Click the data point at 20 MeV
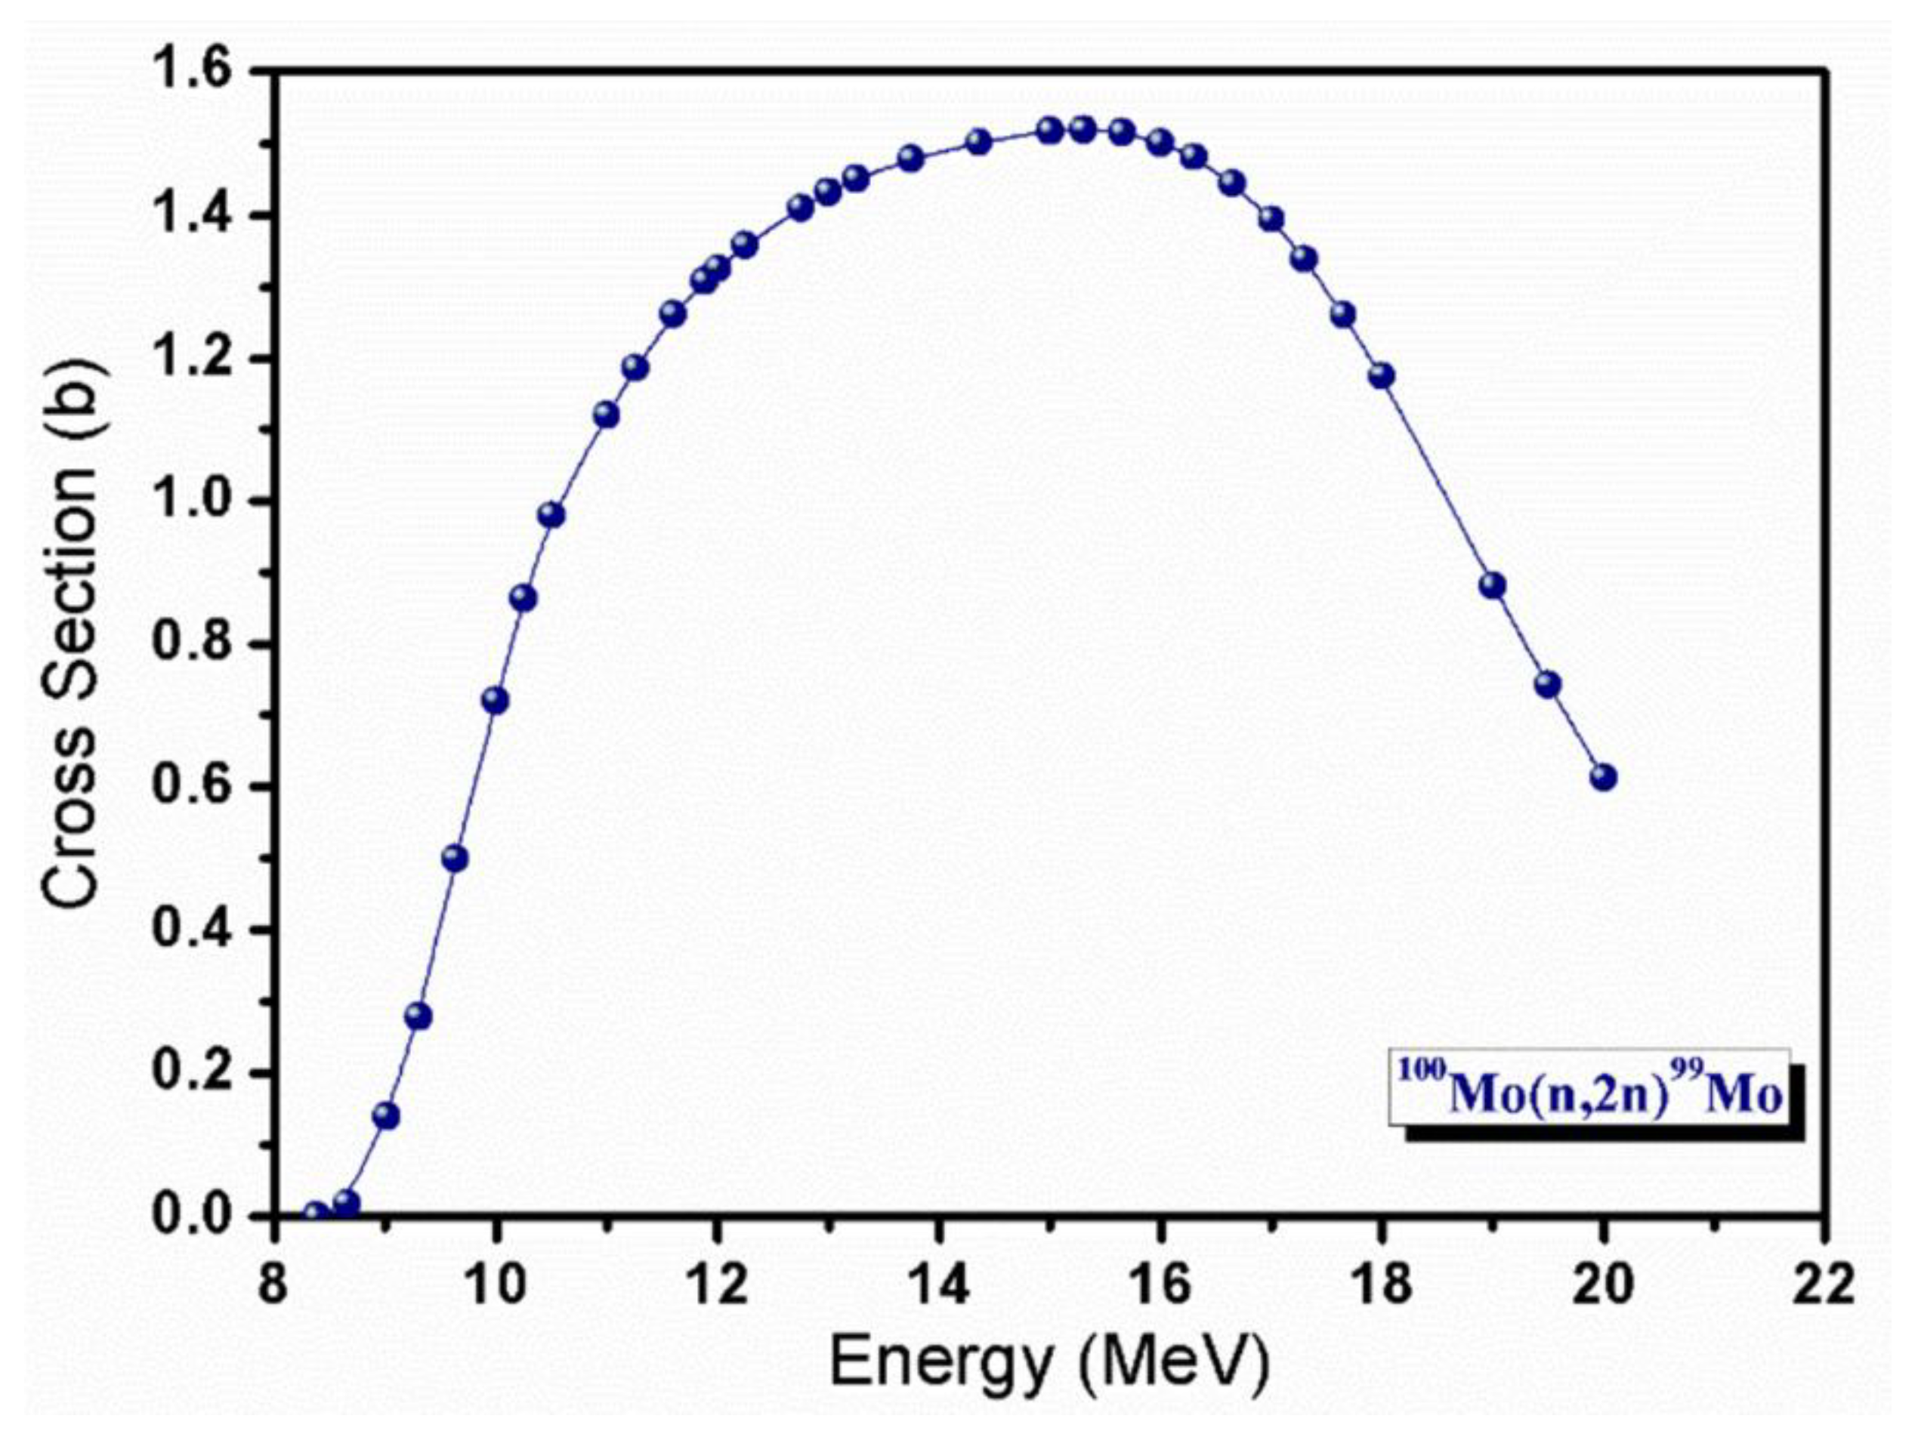point(1603,777)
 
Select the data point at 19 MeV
point(1492,585)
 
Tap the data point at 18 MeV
point(1381,375)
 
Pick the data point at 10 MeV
point(495,701)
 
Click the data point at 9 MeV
point(386,1116)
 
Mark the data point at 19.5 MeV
point(1548,685)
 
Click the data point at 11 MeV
point(606,415)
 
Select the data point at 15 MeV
point(1050,131)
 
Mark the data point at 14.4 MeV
point(979,142)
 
